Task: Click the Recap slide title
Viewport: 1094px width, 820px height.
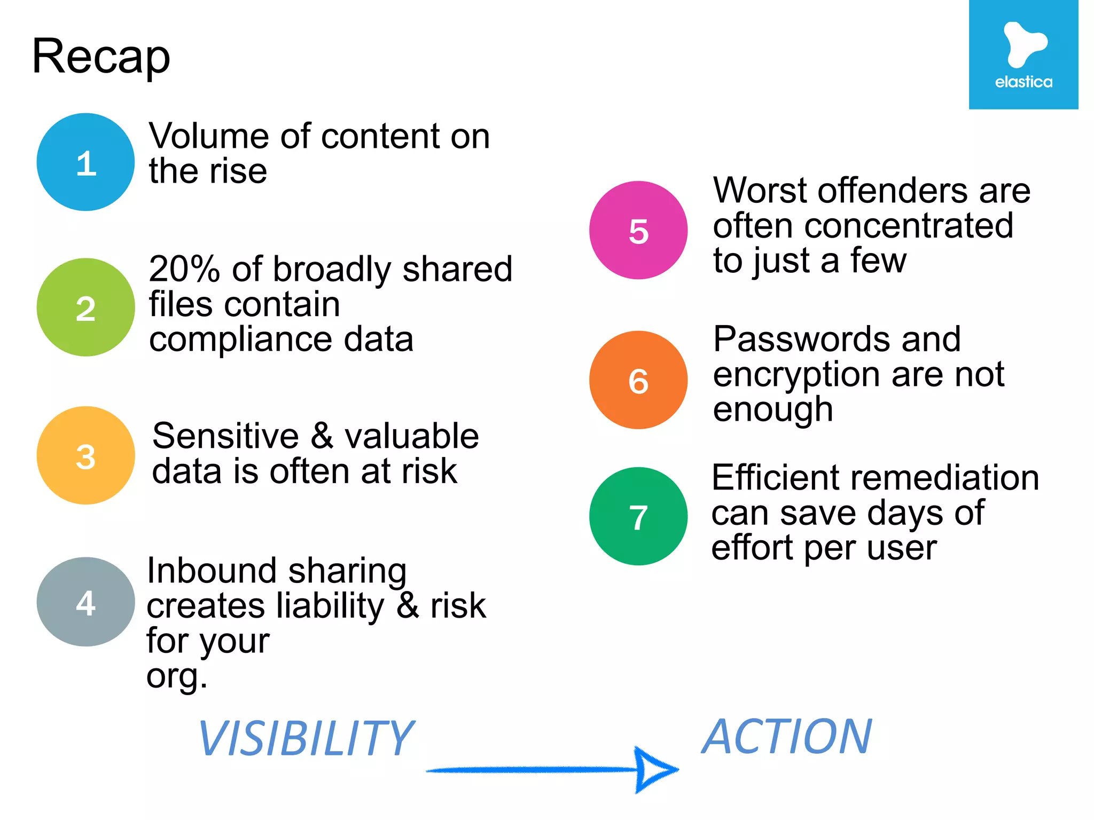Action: tap(101, 57)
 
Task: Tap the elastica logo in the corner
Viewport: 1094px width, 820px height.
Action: tap(1023, 55)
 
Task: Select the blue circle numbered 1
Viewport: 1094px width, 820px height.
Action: tap(85, 162)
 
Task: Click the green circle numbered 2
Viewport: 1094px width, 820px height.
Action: tap(85, 307)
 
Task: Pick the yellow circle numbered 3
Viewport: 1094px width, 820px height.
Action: tap(85, 456)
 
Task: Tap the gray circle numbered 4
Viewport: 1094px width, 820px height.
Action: tap(85, 602)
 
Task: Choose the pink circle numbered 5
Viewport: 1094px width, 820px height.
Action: tap(638, 231)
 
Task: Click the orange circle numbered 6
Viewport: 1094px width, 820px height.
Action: tap(638, 380)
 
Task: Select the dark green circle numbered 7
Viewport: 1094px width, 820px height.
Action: tap(638, 517)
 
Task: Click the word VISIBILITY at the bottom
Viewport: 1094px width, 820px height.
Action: tap(306, 739)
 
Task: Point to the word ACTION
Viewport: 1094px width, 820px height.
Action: tap(786, 737)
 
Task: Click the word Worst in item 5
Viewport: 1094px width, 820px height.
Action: tap(760, 191)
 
